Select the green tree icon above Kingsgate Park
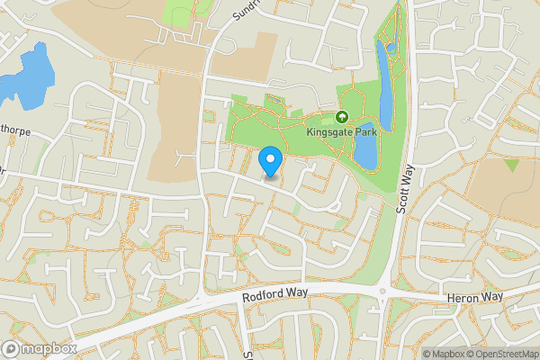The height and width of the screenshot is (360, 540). (342, 117)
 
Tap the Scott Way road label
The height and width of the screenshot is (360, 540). (406, 187)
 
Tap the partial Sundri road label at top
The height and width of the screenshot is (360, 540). (245, 10)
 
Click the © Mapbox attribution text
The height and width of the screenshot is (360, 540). (444, 354)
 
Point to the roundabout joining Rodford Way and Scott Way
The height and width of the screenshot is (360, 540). (385, 290)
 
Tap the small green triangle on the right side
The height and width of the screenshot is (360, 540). (511, 165)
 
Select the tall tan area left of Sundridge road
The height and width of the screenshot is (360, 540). (175, 126)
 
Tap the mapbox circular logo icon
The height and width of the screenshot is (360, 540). (11, 348)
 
